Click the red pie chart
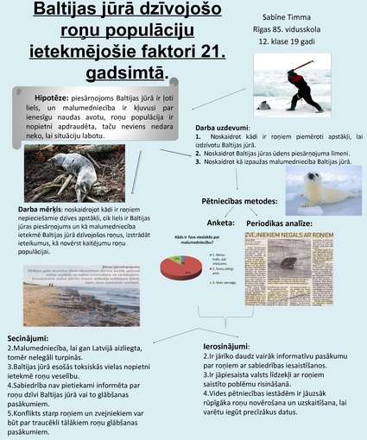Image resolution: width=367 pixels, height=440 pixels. pyautogui.click(x=178, y=267)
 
